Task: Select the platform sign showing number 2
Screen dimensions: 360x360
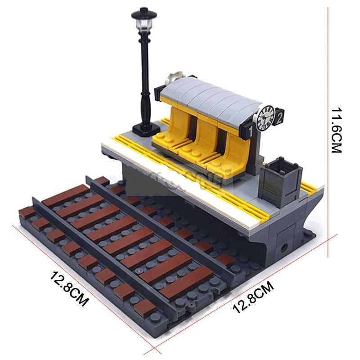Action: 279,118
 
